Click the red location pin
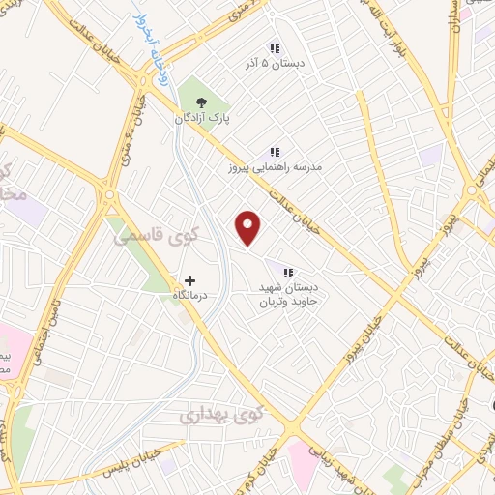tap(249, 226)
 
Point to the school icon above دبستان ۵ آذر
tap(274, 47)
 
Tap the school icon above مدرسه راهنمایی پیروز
tap(274, 151)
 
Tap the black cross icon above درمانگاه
tap(189, 279)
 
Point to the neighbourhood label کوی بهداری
tap(221, 416)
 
